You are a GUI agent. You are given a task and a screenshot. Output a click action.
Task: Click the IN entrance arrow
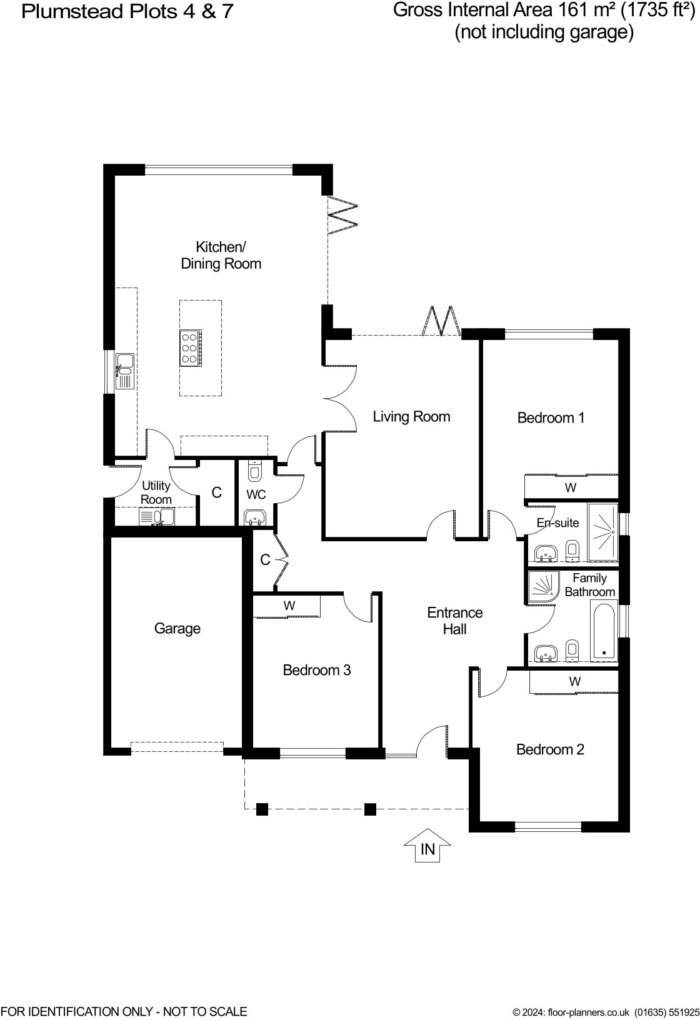point(427,846)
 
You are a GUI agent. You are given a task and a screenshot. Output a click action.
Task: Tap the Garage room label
point(177,628)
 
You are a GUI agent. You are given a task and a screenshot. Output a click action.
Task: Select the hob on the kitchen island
point(189,347)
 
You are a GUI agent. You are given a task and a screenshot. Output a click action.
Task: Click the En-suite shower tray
point(602,531)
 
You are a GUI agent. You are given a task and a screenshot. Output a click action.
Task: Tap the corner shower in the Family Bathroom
point(541,586)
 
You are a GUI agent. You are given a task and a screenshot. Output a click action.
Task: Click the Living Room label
point(411,416)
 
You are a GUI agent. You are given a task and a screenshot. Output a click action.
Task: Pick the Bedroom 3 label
point(317,670)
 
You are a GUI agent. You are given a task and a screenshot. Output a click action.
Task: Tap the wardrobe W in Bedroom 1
point(570,487)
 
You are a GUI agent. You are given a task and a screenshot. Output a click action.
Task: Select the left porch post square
point(262,809)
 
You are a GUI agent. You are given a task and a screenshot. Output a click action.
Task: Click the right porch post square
point(370,809)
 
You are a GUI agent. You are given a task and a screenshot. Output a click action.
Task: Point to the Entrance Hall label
point(455,621)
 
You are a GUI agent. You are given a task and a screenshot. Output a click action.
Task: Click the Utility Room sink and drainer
point(156,517)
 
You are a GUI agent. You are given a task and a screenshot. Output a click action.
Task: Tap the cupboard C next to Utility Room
point(216,492)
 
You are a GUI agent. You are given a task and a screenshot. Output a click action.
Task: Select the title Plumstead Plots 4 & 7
point(127,11)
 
